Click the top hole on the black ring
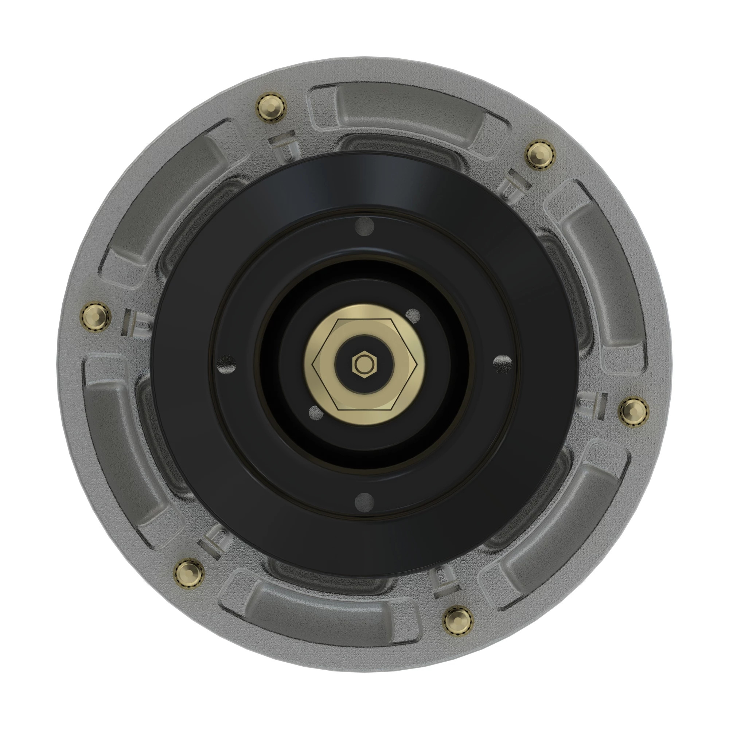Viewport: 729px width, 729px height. tap(365, 227)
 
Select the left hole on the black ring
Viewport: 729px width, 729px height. tap(226, 364)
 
